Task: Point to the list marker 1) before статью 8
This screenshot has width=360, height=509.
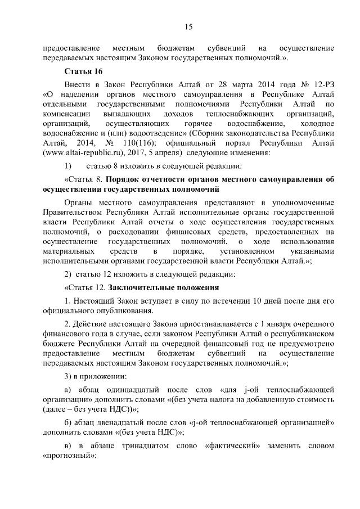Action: (68, 166)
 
